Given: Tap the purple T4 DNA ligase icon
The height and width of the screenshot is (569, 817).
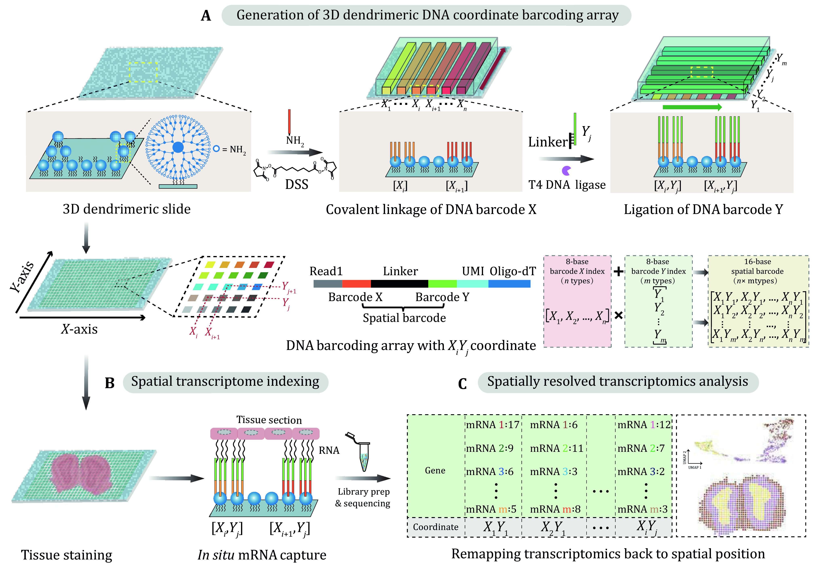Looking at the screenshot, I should [566, 171].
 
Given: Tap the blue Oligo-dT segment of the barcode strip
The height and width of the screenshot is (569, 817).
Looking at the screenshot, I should [509, 284].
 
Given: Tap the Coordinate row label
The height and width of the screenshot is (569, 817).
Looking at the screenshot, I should [436, 527].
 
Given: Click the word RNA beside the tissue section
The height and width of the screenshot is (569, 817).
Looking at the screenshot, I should [329, 451].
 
